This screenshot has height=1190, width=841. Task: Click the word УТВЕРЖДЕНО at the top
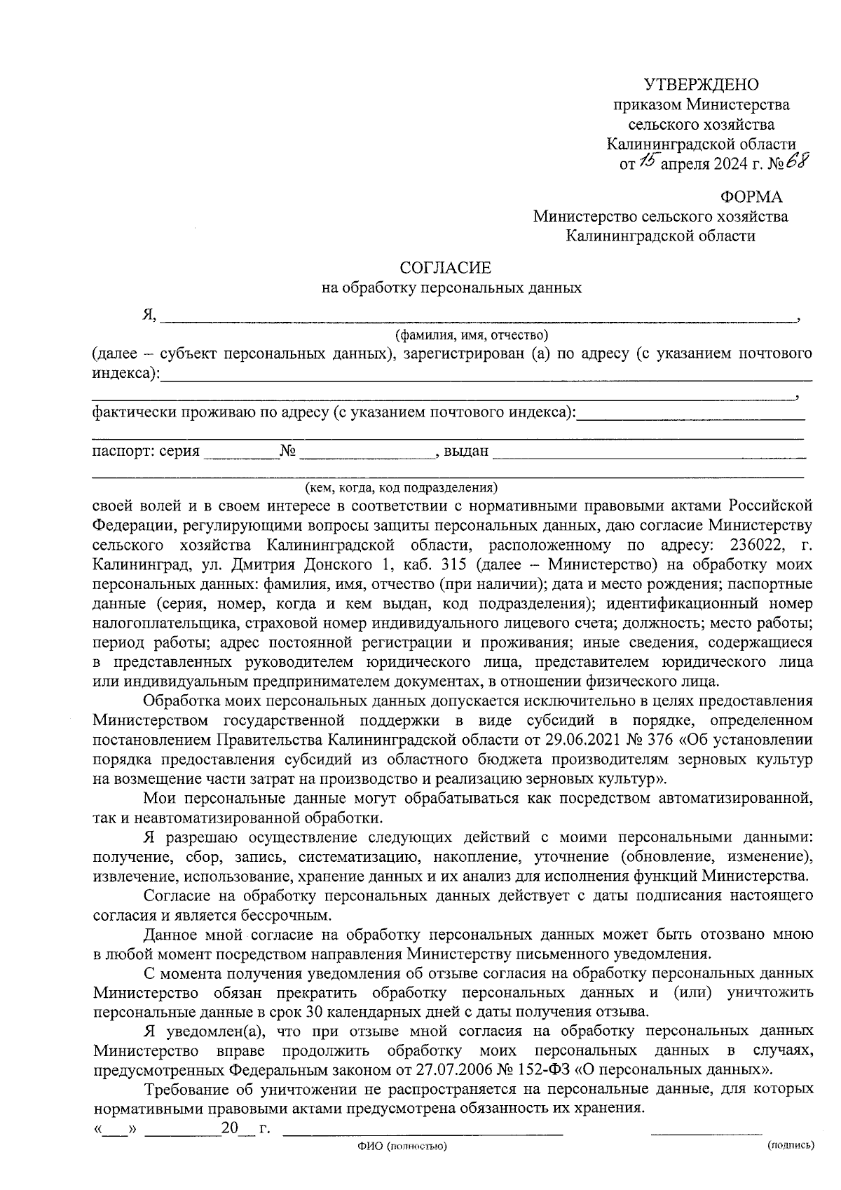coord(701,85)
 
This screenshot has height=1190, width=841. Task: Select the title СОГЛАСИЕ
coord(446,267)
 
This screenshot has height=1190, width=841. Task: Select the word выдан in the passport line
coord(466,451)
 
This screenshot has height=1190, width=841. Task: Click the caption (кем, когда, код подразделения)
coord(400,487)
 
